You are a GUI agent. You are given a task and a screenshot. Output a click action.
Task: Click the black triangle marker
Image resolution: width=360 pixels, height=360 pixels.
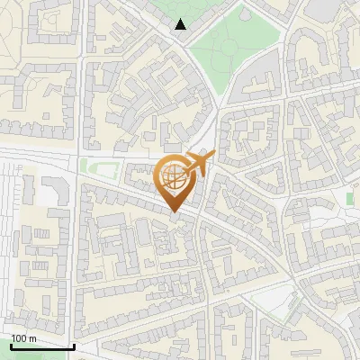[x=181, y=24]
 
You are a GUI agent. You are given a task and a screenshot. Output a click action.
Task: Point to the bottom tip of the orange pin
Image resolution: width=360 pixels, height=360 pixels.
[x=175, y=211]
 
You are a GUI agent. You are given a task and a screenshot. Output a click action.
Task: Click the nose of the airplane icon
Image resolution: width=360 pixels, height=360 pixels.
[x=212, y=156]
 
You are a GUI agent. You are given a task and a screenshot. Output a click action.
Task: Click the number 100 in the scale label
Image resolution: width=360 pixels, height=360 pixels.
[x=20, y=337]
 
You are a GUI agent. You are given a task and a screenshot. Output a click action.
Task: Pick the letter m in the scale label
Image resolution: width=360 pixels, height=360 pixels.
[x=34, y=337]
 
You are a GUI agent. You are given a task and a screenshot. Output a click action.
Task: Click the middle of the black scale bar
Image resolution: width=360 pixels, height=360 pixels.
[x=42, y=346]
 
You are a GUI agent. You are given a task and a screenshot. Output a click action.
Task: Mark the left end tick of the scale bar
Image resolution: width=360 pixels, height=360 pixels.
[x=11, y=344]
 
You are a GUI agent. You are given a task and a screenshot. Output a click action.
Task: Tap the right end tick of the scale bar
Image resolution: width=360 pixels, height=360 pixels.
[x=74, y=344]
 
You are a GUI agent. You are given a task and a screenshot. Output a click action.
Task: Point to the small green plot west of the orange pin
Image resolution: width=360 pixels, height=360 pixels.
[x=87, y=166]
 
